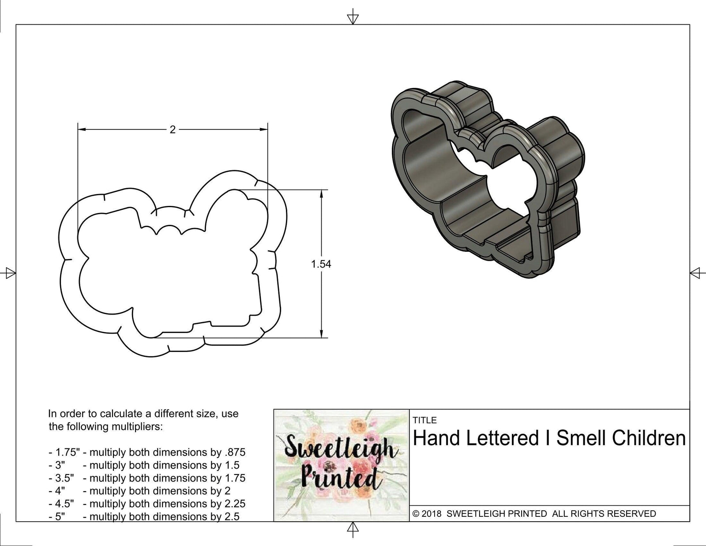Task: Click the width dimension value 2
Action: pyautogui.click(x=173, y=129)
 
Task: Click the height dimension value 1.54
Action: pyautogui.click(x=321, y=264)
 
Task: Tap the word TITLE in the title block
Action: pyautogui.click(x=424, y=420)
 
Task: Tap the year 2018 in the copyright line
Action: pyautogui.click(x=433, y=514)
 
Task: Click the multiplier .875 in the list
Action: pyautogui.click(x=236, y=452)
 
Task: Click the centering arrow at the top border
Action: pyautogui.click(x=353, y=18)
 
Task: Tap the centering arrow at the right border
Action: pyautogui.click(x=696, y=273)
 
